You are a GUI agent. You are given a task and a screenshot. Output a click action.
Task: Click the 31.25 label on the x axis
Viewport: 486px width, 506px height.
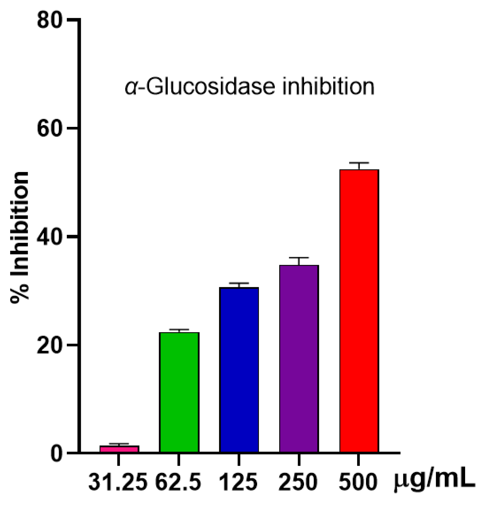click(x=118, y=482)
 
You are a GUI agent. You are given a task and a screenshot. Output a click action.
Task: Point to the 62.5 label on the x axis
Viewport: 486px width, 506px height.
click(x=178, y=482)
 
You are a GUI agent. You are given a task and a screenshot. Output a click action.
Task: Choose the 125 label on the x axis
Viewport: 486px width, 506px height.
click(x=238, y=482)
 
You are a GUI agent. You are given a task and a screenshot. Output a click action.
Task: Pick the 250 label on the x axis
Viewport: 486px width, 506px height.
click(x=298, y=482)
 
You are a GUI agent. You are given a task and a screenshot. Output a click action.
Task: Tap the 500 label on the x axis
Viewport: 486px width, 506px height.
click(x=358, y=482)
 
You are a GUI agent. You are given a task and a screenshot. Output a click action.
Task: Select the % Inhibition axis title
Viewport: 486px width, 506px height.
click(x=20, y=238)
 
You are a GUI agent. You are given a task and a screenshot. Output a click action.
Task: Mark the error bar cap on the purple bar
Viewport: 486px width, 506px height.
click(x=299, y=258)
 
